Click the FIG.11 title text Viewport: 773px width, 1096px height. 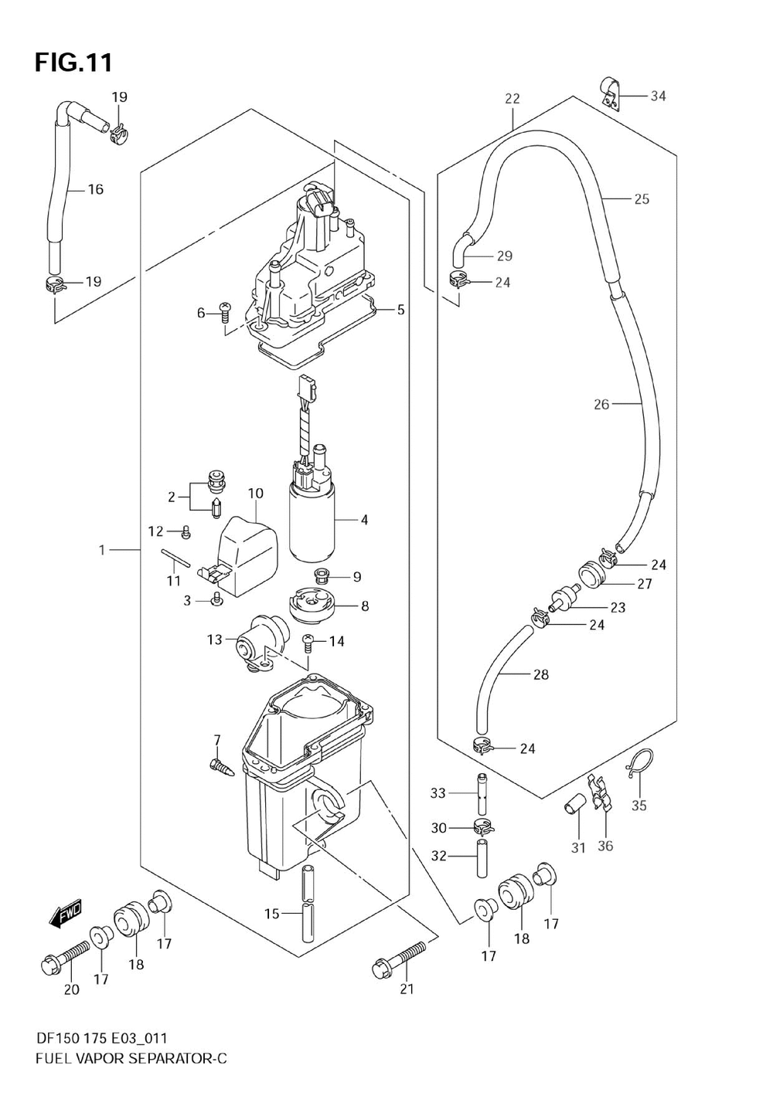[x=73, y=63]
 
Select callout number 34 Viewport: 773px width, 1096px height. [x=658, y=96]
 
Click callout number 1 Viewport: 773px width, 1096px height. [x=102, y=550]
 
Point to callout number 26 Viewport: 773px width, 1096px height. [x=601, y=404]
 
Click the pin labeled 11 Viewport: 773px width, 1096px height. [x=174, y=558]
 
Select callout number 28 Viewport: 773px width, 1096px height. [x=540, y=674]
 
